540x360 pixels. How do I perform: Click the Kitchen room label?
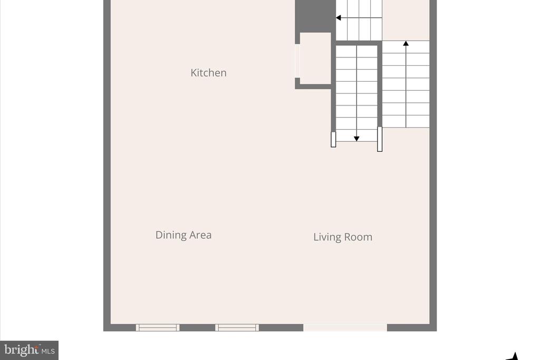tap(208, 73)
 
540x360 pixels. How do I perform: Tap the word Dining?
tap(170, 235)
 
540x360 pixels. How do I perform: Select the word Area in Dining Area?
tap(200, 235)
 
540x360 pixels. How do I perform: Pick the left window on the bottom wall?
tap(158, 328)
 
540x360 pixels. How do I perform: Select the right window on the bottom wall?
tap(237, 328)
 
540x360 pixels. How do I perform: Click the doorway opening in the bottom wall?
tap(345, 328)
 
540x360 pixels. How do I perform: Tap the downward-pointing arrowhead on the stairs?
tap(357, 139)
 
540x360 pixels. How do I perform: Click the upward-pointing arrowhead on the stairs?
tap(406, 43)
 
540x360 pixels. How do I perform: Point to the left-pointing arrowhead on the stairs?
tap(339, 17)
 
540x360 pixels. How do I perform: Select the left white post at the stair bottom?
tap(333, 139)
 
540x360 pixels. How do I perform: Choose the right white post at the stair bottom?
tap(380, 139)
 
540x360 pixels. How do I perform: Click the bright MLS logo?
tap(30, 351)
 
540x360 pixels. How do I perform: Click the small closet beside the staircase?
tap(315, 59)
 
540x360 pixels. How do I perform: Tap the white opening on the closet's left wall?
tap(297, 61)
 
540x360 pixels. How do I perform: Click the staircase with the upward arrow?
tap(406, 84)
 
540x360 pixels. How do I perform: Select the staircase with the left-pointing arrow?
tap(359, 20)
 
